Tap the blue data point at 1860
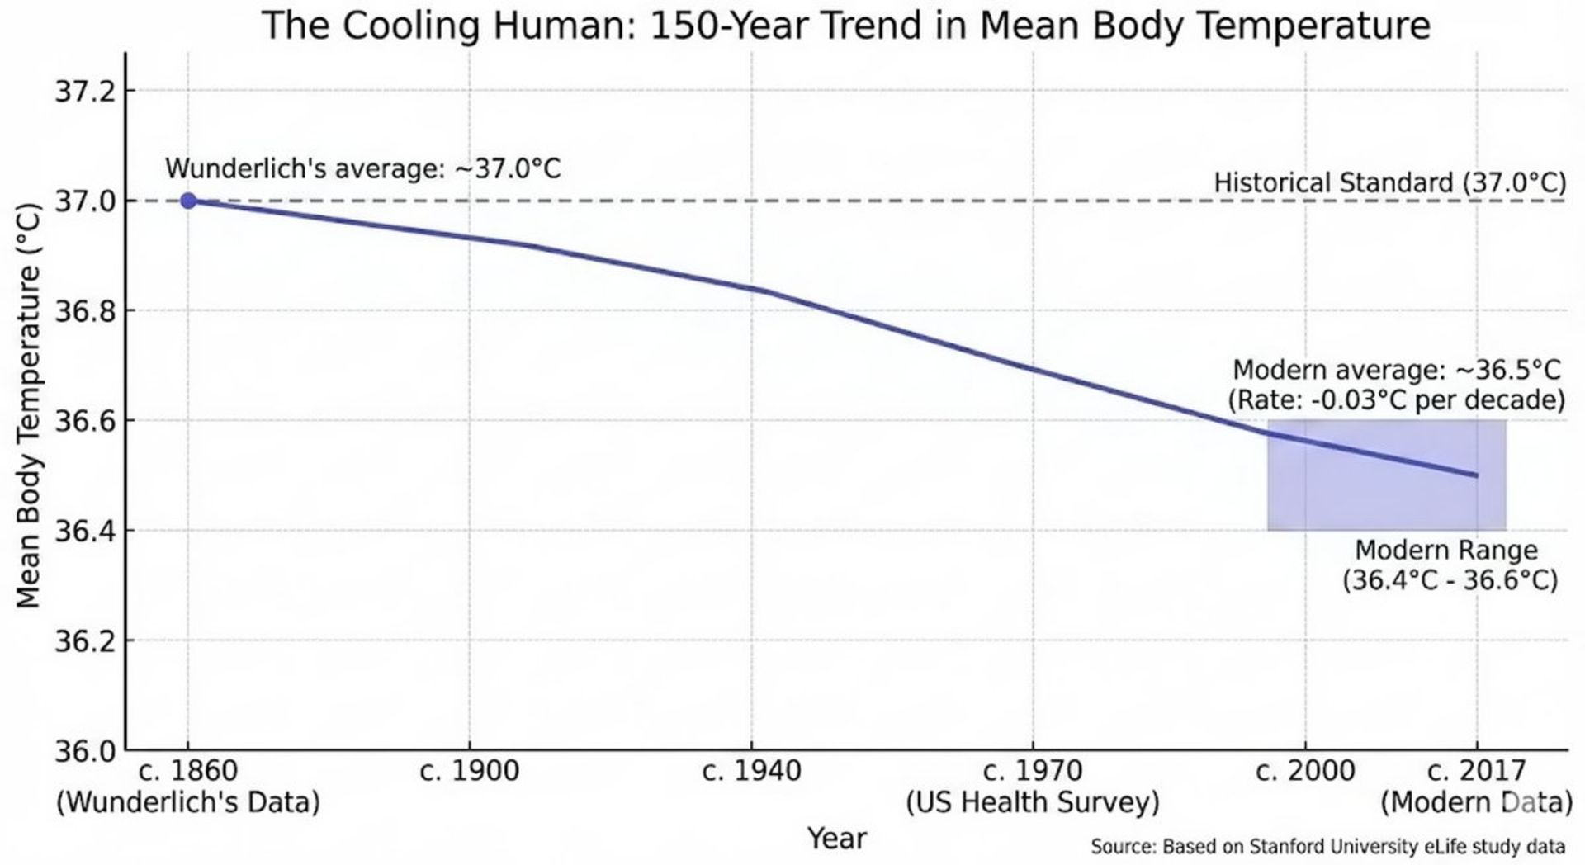pos(188,201)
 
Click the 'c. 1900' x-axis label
pos(469,771)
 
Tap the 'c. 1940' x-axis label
pos(751,771)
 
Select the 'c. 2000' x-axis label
pos(1305,771)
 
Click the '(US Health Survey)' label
pos(1032,801)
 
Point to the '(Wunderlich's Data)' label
pos(187,801)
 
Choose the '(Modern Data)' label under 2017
pos(1476,801)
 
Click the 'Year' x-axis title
pos(836,838)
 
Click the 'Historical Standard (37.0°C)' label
pos(1389,182)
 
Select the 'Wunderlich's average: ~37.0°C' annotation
pos(362,168)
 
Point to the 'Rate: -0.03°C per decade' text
pos(1396,400)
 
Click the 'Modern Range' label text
pos(1446,550)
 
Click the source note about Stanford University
pos(1327,846)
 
